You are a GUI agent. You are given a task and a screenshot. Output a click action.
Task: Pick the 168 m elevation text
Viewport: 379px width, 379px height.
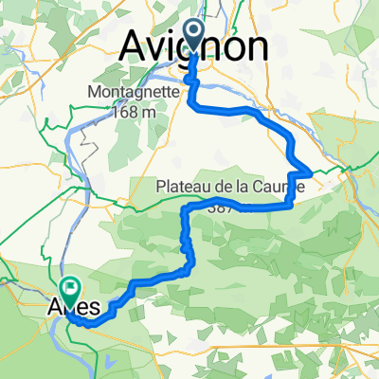(133, 111)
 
